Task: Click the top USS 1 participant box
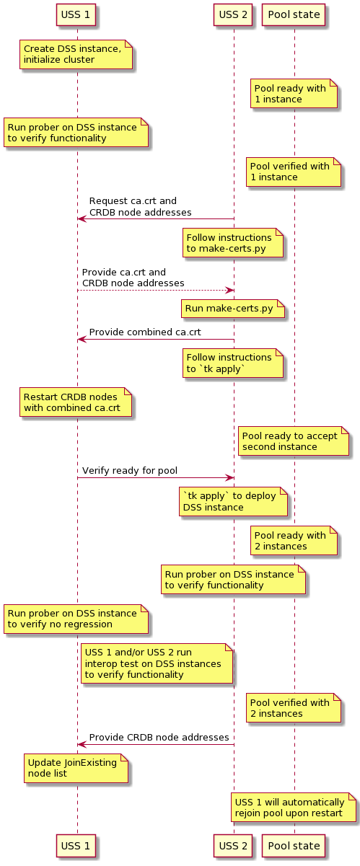[76, 14]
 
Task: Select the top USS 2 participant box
[233, 14]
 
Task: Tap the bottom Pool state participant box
[294, 842]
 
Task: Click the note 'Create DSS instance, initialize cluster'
[76, 54]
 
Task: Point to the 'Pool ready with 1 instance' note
[294, 94]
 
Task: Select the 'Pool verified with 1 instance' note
[292, 172]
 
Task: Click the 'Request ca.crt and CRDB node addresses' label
[140, 206]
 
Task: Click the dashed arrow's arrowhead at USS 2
[229, 290]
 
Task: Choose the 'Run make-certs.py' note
[233, 309]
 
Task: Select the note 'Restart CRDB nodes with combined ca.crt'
[76, 402]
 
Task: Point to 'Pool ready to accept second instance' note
[294, 441]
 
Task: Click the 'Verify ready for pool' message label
[130, 471]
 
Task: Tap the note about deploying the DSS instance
[233, 502]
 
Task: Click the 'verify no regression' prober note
[76, 619]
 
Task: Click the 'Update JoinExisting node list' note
[76, 769]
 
